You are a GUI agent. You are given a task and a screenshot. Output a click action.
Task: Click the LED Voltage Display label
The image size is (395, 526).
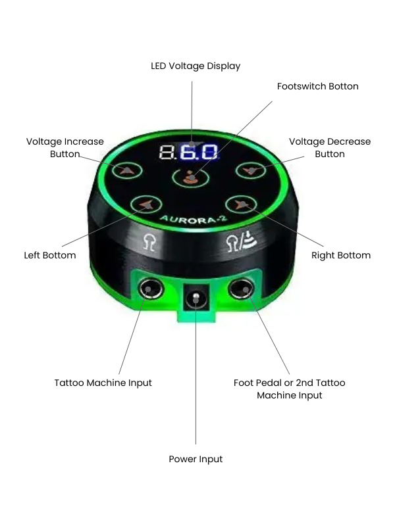coord(196,66)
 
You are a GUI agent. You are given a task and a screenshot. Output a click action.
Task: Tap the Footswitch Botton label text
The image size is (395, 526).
coord(317,86)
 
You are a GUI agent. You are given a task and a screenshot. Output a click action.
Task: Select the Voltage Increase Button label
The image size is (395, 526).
coord(65,147)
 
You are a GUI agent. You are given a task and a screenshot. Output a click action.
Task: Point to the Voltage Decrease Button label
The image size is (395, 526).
coord(330,147)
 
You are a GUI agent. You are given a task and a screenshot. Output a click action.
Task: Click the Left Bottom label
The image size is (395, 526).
coord(50,255)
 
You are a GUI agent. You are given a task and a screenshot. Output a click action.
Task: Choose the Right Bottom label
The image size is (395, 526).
coord(341,255)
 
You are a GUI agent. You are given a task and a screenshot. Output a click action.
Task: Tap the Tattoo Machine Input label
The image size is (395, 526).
coord(103,383)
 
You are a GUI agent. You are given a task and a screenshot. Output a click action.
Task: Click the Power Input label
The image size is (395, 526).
coord(196,459)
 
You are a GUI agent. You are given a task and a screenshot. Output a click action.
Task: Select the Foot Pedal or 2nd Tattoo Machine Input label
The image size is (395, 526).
coord(289,389)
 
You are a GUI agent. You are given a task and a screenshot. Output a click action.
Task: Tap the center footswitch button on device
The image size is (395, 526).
coord(190,177)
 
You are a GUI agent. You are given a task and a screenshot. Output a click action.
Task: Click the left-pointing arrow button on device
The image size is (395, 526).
coord(146,204)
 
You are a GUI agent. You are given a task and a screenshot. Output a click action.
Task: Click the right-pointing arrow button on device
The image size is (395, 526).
coord(241,204)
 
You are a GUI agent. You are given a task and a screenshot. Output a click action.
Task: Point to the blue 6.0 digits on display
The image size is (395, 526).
coord(199,152)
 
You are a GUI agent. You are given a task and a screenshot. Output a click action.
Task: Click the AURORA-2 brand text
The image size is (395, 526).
coord(194,220)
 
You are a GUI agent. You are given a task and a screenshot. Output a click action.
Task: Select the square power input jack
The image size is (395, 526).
coord(196,298)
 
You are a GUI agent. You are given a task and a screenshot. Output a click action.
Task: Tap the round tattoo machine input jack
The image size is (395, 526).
coord(151,289)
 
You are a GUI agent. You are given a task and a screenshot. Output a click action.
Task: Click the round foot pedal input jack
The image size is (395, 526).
coord(241,289)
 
